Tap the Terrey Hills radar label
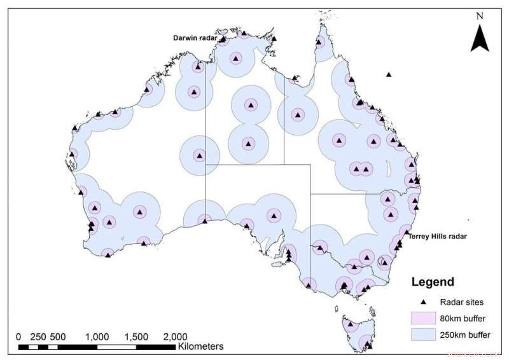pos(438,236)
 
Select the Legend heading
pos(433,282)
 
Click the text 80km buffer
pos(461,318)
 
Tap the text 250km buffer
pos(463,335)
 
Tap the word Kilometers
pos(200,347)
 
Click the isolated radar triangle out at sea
pos(389,75)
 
